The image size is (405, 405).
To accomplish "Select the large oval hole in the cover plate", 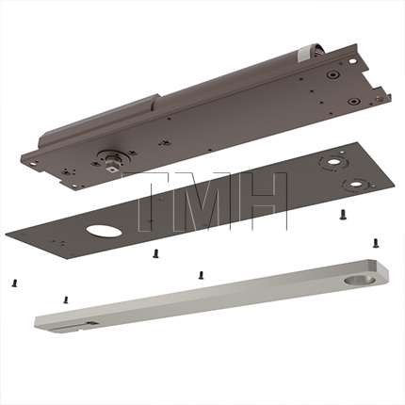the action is click(x=104, y=230).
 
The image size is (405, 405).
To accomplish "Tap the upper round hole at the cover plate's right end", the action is click(x=334, y=162).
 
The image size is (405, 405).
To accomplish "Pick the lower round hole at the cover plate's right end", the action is click(x=356, y=183).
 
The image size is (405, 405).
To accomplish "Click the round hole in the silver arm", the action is click(x=355, y=281).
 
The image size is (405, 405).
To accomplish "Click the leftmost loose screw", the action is click(x=14, y=283).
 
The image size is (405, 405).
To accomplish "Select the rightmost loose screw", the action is click(x=376, y=243).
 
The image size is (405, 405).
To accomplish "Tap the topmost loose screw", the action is click(x=342, y=215).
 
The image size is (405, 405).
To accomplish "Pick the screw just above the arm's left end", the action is click(x=66, y=300).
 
